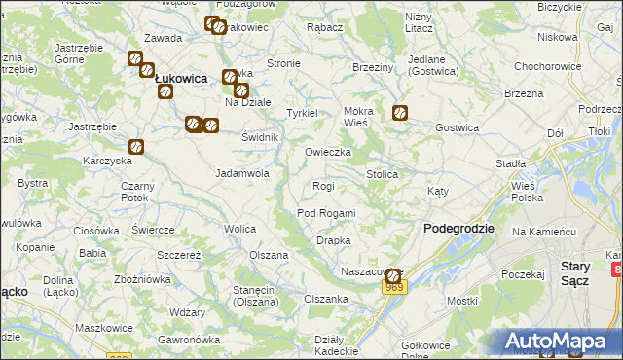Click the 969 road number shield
click(393, 288)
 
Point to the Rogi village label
click(323, 186)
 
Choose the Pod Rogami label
click(326, 213)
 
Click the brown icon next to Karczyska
click(136, 147)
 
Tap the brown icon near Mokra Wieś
click(399, 113)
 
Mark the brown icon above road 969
click(392, 275)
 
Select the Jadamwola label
click(241, 173)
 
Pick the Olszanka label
click(326, 299)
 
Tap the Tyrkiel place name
click(302, 113)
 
